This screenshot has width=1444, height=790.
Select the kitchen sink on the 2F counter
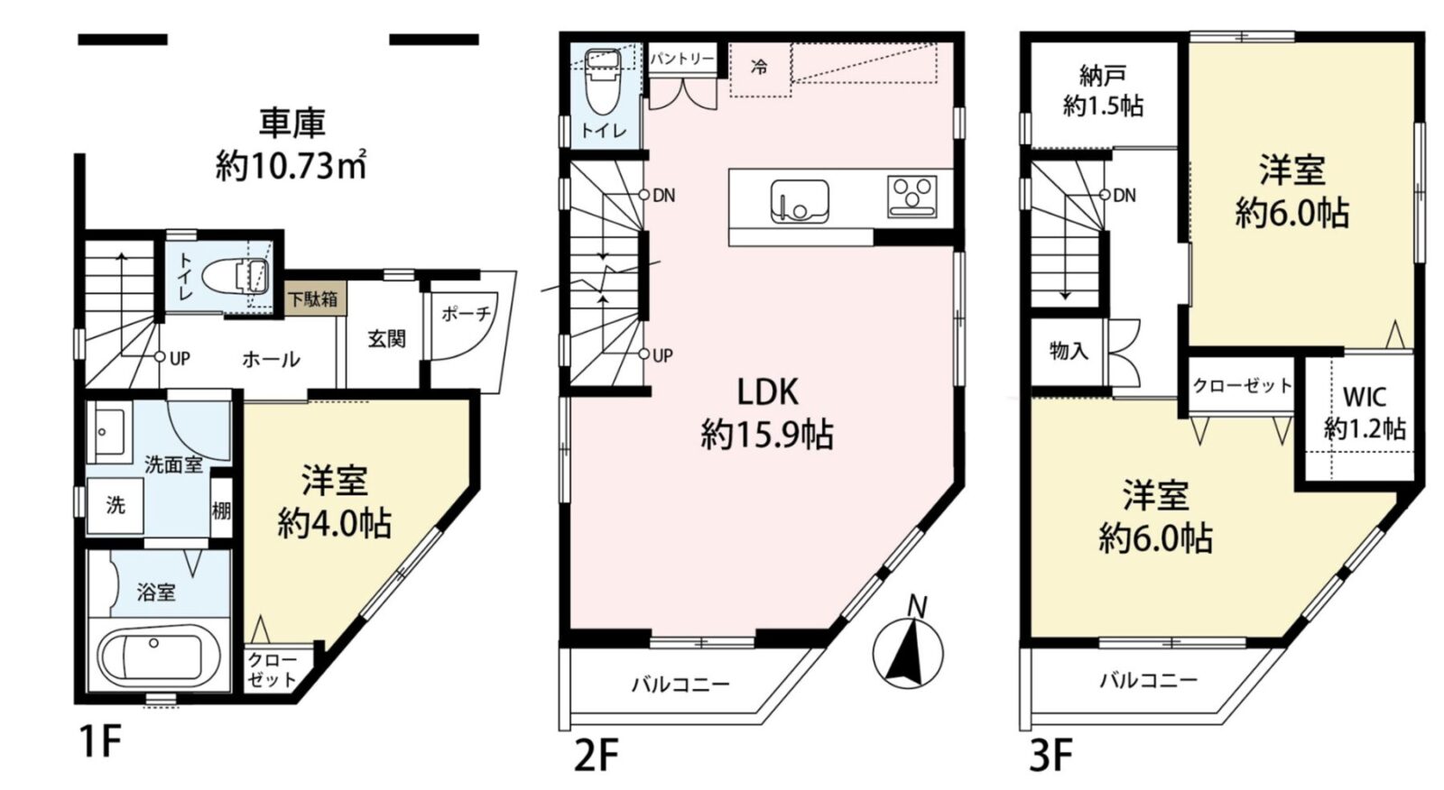click(x=800, y=202)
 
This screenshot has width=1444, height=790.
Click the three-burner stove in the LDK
click(x=912, y=196)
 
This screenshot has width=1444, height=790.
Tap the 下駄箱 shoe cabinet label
click(x=312, y=299)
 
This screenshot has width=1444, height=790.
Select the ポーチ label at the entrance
click(x=466, y=314)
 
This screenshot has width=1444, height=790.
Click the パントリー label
click(x=682, y=60)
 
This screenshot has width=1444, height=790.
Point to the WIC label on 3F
click(x=1365, y=396)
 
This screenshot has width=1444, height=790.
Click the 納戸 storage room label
click(x=1103, y=77)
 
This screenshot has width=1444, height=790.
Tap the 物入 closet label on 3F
click(x=1069, y=351)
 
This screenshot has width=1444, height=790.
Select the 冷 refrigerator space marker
click(x=760, y=67)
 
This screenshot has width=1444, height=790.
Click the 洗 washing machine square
click(x=116, y=506)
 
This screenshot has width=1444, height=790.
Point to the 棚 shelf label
click(x=221, y=511)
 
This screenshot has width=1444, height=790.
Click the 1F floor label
click(x=100, y=741)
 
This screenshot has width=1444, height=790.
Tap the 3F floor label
click(x=1051, y=755)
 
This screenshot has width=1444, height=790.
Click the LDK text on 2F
click(x=768, y=391)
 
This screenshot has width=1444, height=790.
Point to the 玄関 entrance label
click(x=387, y=339)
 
